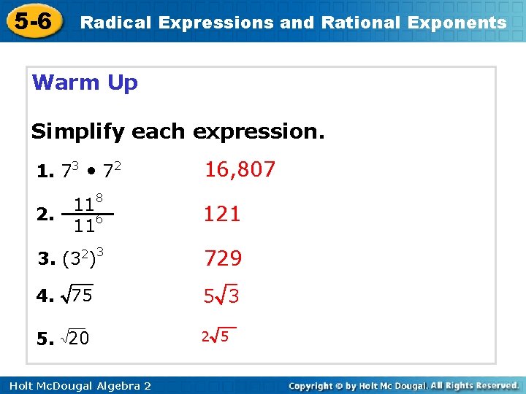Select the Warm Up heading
tap(85, 82)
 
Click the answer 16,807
tap(240, 170)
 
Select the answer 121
tap(222, 214)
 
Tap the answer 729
tap(223, 258)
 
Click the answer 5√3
tap(222, 296)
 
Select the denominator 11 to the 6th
tap(88, 226)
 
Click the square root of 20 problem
tap(73, 338)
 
